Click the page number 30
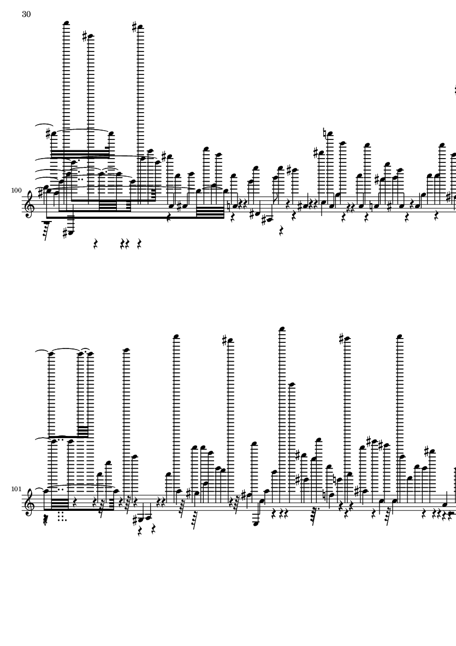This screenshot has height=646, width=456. (26, 14)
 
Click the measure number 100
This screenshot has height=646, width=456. (16, 190)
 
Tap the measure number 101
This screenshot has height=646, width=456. (16, 489)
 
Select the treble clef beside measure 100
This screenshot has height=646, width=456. (29, 203)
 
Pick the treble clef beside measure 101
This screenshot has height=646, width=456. (29, 502)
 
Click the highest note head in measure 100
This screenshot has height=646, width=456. (66, 22)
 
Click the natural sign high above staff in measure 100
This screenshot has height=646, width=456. (324, 133)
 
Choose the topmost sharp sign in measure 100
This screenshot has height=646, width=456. (134, 27)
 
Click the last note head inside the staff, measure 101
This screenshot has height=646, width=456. (445, 504)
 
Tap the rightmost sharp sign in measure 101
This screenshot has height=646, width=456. (427, 450)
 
